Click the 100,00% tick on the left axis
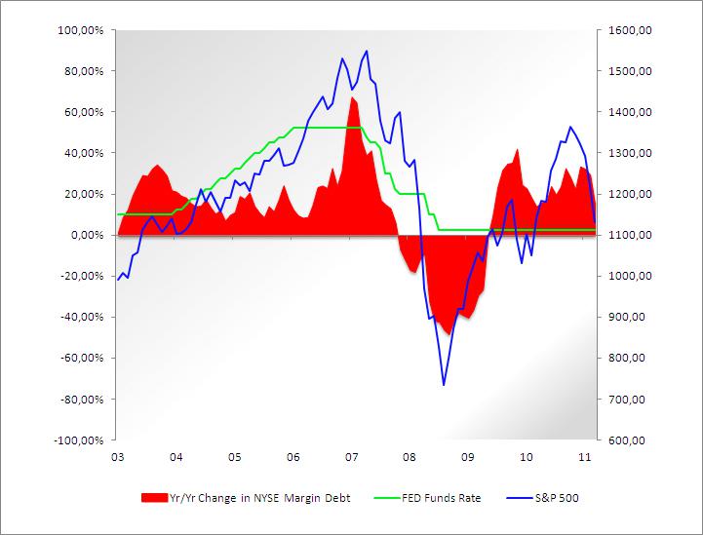click(x=82, y=30)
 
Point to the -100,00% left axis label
click(x=80, y=439)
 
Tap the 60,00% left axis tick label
click(x=85, y=112)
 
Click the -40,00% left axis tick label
click(x=83, y=317)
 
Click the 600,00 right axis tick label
click(x=626, y=439)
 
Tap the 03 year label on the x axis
click(x=117, y=456)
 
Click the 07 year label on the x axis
click(x=350, y=456)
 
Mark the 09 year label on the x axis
click(x=467, y=456)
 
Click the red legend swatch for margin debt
click(x=154, y=498)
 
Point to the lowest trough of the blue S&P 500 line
click(x=444, y=385)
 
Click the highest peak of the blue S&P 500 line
click(x=367, y=51)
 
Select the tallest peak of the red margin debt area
click(x=353, y=97)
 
